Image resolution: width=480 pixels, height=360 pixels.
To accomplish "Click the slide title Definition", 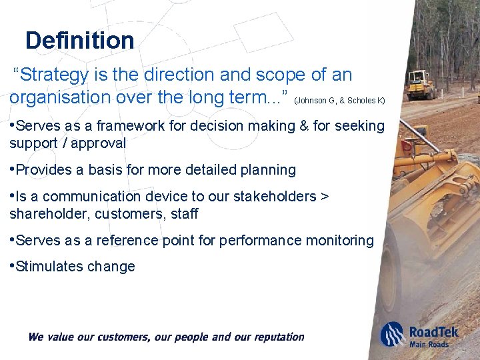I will pyautogui.click(x=79, y=41).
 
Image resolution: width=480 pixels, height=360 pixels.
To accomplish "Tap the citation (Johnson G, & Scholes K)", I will pyautogui.click(x=339, y=101).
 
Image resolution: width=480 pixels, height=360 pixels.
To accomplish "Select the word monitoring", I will pyautogui.click(x=341, y=241).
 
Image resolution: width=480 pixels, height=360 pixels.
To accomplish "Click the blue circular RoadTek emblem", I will pyautogui.click(x=393, y=333).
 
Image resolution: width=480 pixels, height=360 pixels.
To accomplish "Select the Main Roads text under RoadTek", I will pyautogui.click(x=430, y=344).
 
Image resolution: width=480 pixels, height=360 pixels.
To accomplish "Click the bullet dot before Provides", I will pyautogui.click(x=12, y=169).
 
